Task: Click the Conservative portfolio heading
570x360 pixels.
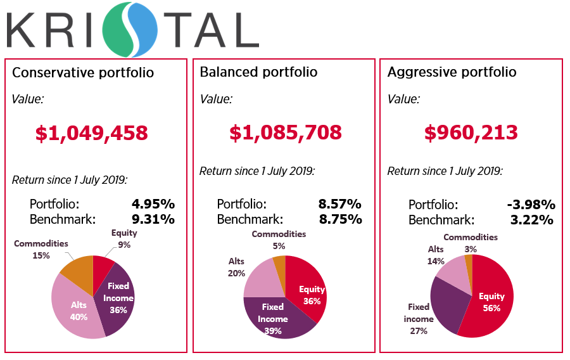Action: [83, 72]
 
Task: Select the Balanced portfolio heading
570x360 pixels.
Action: [258, 72]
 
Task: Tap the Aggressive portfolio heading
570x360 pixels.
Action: [452, 72]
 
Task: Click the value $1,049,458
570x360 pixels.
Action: [92, 132]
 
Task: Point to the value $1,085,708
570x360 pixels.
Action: [285, 132]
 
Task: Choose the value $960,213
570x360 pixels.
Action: [471, 132]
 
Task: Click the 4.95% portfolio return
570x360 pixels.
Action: [153, 204]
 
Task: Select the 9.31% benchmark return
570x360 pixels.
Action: [153, 219]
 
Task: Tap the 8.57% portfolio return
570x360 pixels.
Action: [339, 204]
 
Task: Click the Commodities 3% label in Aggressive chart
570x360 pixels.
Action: [471, 243]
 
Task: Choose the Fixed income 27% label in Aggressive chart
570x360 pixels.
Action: [419, 318]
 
